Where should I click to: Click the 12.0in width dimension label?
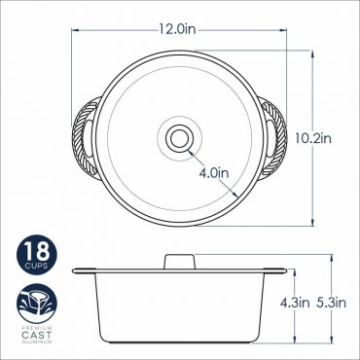click(177, 29)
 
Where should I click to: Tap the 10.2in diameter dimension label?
click(313, 139)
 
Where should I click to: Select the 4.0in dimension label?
click(214, 173)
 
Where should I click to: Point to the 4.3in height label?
click(295, 303)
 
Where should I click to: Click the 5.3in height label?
click(332, 303)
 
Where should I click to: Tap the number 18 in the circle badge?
click(37, 252)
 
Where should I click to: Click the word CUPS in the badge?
click(37, 266)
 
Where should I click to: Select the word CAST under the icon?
click(37, 335)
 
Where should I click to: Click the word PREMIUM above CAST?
click(37, 328)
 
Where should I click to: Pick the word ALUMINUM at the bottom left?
click(37, 342)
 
